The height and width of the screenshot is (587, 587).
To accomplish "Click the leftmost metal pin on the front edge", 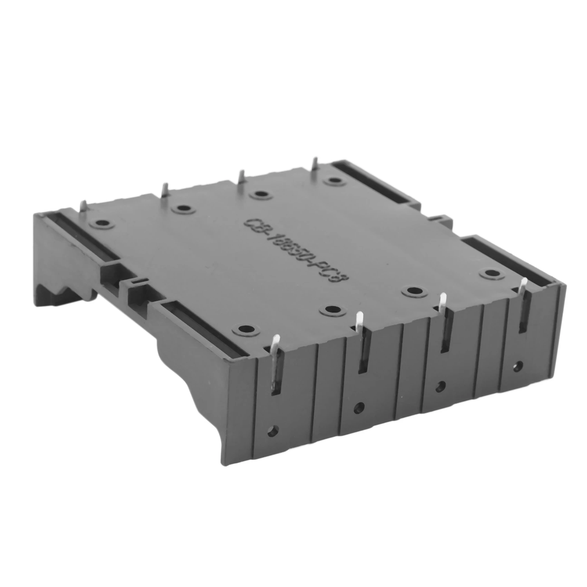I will (275, 349).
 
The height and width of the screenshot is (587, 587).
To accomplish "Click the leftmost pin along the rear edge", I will (83, 206).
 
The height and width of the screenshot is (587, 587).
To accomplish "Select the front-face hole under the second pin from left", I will (359, 407).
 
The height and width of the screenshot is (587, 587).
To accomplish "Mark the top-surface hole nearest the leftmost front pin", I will (246, 329).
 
